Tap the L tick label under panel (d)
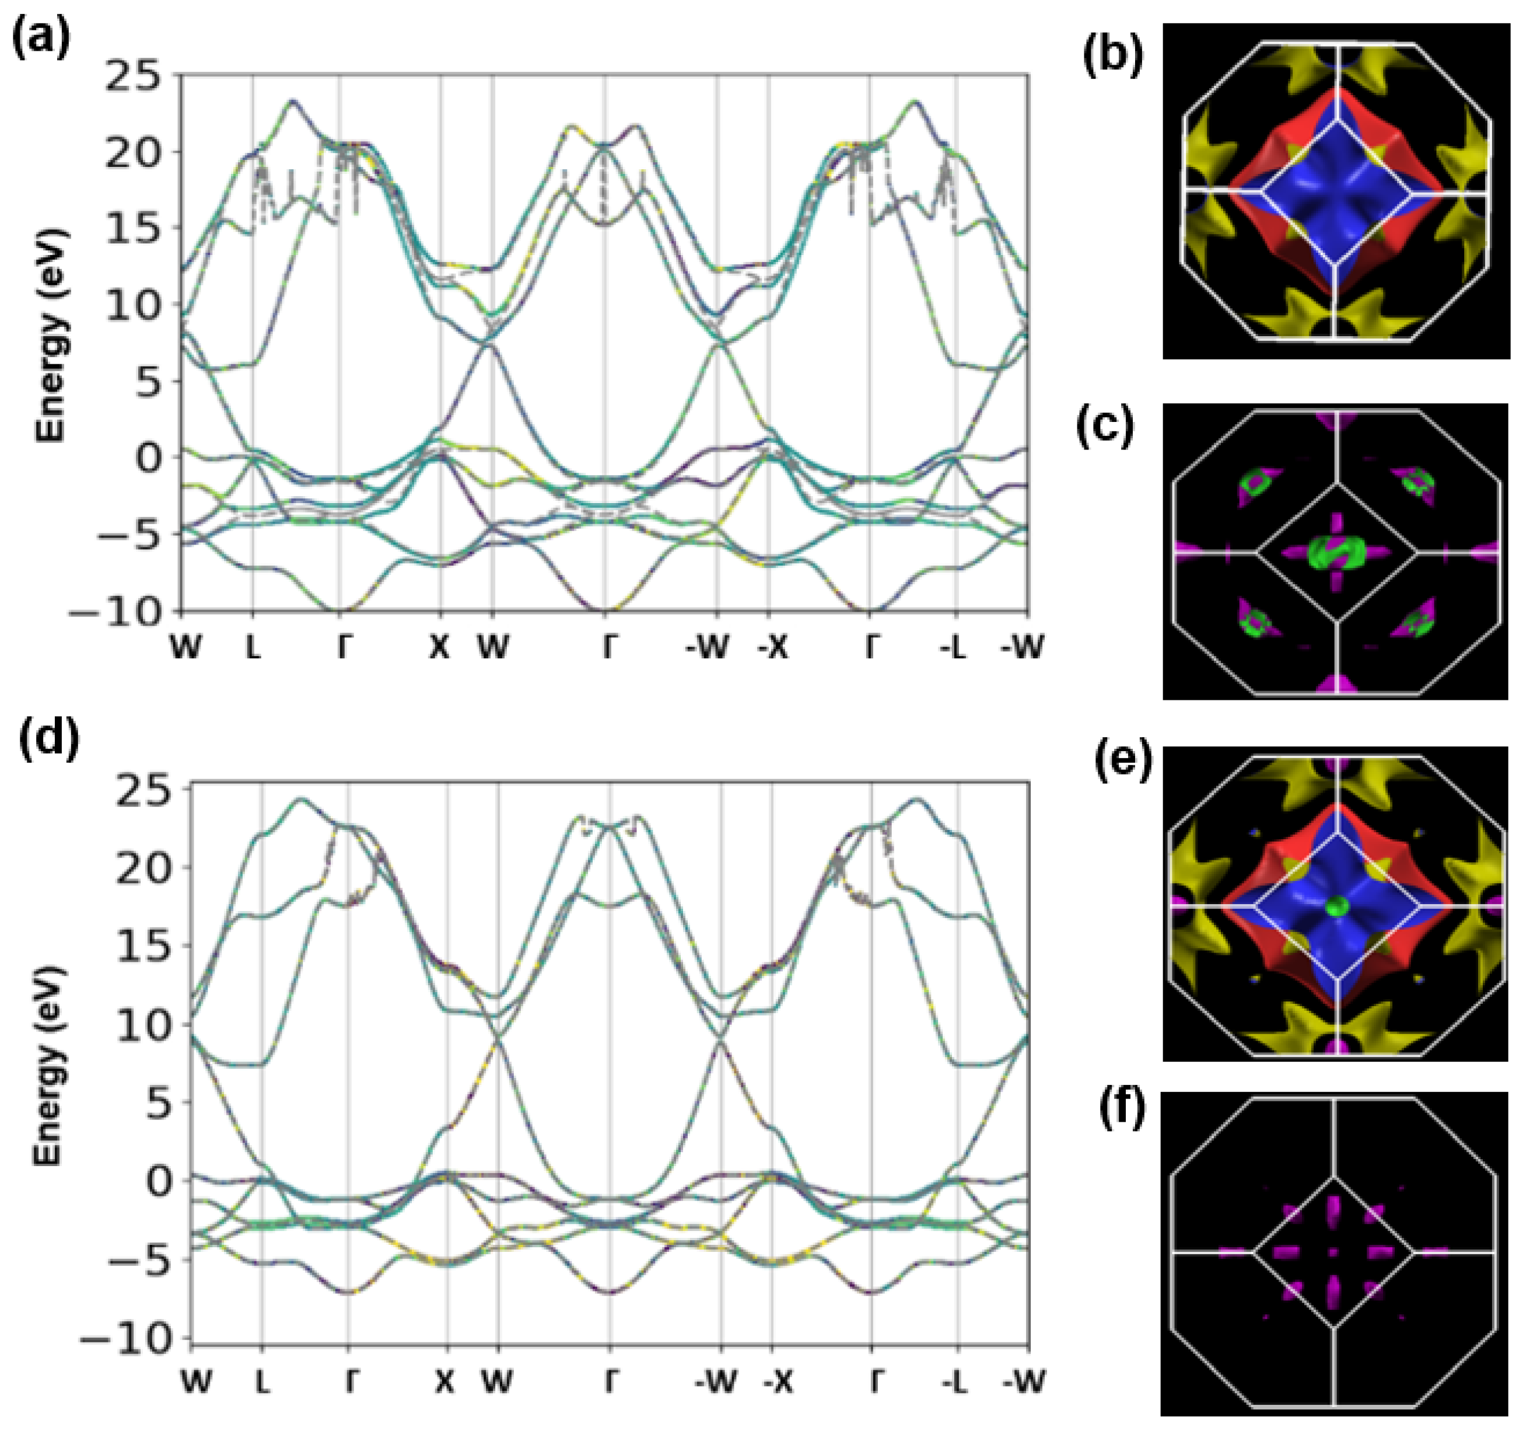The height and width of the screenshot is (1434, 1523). tap(262, 1382)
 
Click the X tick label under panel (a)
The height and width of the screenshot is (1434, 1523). tap(439, 648)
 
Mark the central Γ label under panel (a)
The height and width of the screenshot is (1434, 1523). tap(608, 648)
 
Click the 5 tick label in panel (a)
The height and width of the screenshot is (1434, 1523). tap(159, 382)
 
